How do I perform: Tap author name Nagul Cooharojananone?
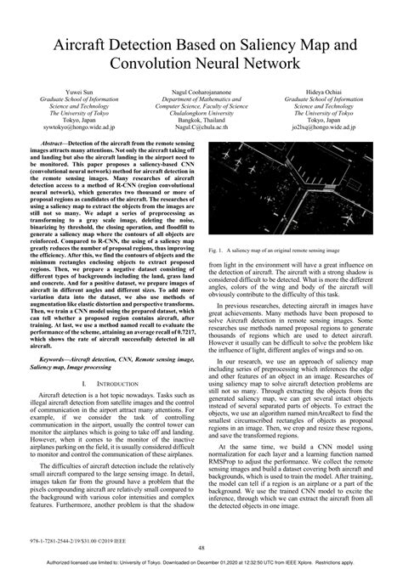tap(201, 89)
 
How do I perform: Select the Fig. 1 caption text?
tap(286, 227)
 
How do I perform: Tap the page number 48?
tap(201, 548)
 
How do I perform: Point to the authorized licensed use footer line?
tap(201, 562)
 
